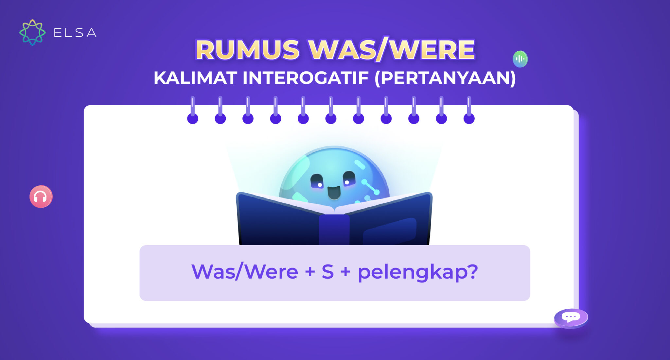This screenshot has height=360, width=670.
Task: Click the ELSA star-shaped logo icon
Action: pyautogui.click(x=32, y=32)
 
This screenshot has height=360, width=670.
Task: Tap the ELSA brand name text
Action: pyautogui.click(x=75, y=33)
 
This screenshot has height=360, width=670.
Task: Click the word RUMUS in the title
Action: pyautogui.click(x=247, y=50)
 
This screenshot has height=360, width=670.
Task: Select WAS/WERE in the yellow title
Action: pyautogui.click(x=392, y=50)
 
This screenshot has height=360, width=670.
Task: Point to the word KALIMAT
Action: pyautogui.click(x=195, y=78)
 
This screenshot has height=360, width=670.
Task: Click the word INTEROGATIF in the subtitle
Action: pyautogui.click(x=306, y=78)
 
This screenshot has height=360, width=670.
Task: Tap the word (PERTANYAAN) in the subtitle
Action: pyautogui.click(x=445, y=78)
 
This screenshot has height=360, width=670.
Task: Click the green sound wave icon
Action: pyautogui.click(x=520, y=59)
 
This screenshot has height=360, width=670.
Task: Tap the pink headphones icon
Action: pyautogui.click(x=41, y=197)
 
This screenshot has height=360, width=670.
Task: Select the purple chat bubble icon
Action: pyautogui.click(x=571, y=317)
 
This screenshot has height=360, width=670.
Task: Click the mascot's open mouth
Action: pyautogui.click(x=334, y=192)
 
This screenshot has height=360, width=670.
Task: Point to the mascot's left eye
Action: pyautogui.click(x=317, y=181)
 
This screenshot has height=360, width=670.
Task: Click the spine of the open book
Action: pyautogui.click(x=334, y=229)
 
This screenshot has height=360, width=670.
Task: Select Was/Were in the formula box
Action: pyautogui.click(x=244, y=272)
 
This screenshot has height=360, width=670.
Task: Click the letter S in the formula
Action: pyautogui.click(x=327, y=272)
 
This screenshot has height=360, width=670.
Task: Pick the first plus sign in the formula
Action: pyautogui.click(x=309, y=272)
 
